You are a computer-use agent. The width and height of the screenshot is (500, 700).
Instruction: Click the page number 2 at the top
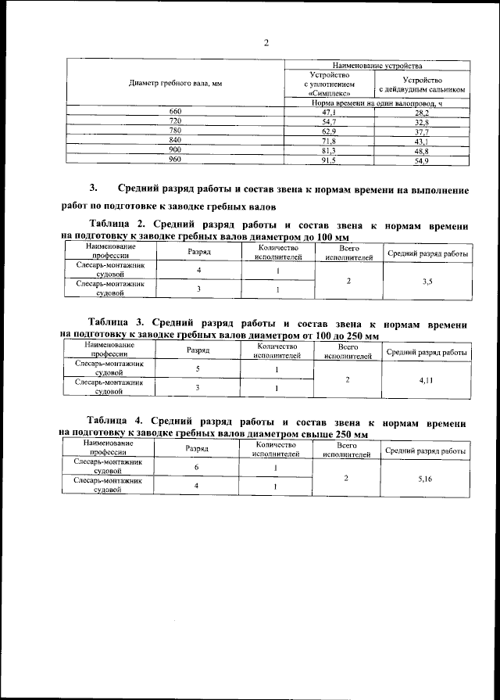(266, 43)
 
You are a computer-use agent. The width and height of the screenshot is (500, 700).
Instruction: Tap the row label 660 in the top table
(175, 113)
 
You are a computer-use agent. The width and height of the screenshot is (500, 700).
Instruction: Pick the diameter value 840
(175, 140)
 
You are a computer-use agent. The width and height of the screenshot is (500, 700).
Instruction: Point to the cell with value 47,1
(329, 113)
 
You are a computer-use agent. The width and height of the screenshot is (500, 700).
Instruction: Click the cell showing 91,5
(329, 160)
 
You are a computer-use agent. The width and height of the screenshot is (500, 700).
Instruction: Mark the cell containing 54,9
(423, 160)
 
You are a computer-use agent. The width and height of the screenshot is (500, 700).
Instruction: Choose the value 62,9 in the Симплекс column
(329, 131)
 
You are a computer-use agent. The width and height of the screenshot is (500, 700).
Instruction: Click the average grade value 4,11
(427, 379)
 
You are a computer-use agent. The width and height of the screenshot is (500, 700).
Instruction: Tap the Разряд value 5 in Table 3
(198, 369)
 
